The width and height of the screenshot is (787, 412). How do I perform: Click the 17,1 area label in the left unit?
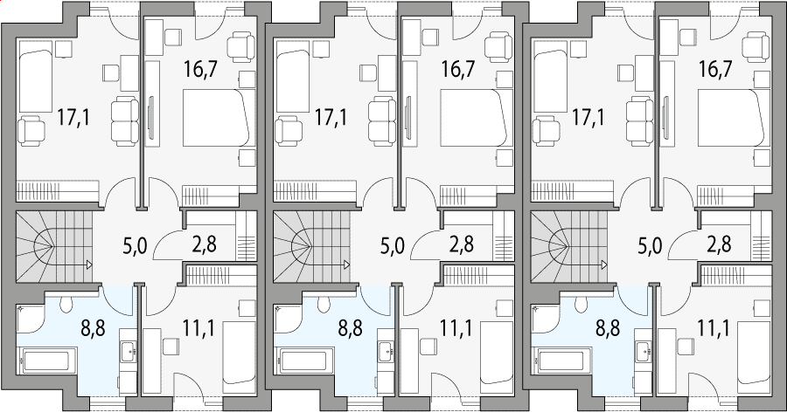click(x=73, y=118)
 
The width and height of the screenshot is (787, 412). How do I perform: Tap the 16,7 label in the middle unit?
click(x=458, y=69)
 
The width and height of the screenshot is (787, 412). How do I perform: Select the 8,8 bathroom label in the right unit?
click(x=608, y=329)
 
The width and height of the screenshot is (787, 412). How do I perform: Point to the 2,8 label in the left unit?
click(x=205, y=245)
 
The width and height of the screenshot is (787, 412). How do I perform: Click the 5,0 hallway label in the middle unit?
click(x=393, y=247)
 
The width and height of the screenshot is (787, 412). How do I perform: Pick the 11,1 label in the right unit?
click(x=714, y=329)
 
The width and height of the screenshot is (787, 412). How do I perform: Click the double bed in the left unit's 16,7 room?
click(x=215, y=118)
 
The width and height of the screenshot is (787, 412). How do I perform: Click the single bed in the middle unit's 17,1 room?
click(x=294, y=76)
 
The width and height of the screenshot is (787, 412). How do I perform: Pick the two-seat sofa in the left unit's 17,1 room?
click(x=125, y=122)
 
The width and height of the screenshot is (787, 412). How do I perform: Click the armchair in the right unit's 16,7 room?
click(x=756, y=45)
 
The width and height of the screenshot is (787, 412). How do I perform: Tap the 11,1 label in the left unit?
click(x=198, y=329)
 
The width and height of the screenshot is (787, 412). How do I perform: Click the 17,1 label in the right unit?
click(x=589, y=118)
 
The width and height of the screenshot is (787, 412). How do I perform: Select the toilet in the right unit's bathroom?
click(x=582, y=303)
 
